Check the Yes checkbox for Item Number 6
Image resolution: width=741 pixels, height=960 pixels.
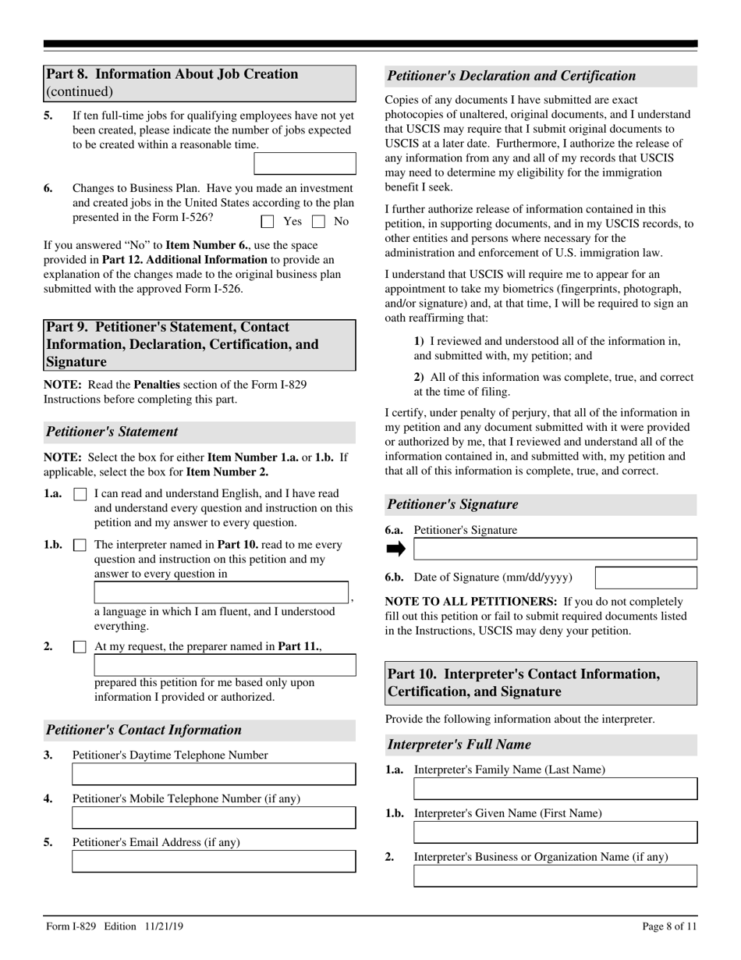tap(268, 222)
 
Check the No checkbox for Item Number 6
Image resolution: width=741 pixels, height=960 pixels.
tap(317, 222)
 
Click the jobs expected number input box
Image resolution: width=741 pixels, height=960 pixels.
tap(305, 163)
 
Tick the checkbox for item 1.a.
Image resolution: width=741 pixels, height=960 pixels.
tap(80, 494)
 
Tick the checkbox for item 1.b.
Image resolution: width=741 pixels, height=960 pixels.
tap(80, 546)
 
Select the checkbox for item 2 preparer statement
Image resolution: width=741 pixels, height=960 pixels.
tap(80, 647)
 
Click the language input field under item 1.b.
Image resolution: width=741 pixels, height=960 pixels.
tap(222, 593)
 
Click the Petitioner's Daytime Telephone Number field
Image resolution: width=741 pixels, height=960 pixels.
tap(214, 773)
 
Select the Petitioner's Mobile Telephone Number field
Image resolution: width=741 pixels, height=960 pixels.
tap(214, 817)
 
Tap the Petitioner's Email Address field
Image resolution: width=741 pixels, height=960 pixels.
tap(214, 861)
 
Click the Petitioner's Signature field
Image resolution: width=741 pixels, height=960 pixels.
tap(555, 549)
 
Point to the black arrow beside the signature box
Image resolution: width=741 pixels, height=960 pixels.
tap(396, 549)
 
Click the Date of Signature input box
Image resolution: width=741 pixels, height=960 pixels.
tap(646, 578)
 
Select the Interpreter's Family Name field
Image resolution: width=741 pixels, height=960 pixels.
tap(555, 788)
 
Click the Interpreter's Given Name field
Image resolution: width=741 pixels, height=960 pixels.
tap(555, 832)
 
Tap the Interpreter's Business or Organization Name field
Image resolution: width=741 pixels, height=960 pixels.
tap(555, 876)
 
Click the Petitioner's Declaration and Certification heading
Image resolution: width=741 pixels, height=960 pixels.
tap(512, 76)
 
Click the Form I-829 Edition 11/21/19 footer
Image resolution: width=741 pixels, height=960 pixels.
tap(115, 926)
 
